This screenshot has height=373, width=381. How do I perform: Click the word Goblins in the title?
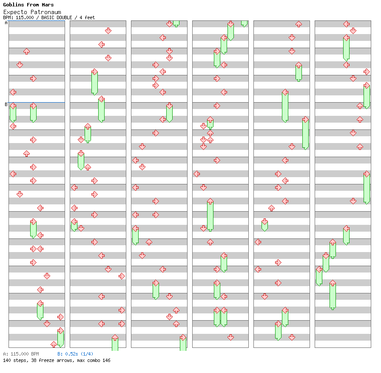point(13,5)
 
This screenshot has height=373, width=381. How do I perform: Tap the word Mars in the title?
point(48,5)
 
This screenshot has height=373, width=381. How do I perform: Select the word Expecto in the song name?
point(15,12)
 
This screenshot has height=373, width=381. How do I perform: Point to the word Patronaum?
point(46,12)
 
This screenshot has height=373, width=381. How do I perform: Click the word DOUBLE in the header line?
point(64,17)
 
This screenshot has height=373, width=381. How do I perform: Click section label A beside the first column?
point(6,23)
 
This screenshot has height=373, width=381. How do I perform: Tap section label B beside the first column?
point(6,105)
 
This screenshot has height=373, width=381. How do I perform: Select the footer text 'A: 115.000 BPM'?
point(21,354)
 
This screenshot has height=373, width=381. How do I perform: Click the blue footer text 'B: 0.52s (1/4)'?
point(75,354)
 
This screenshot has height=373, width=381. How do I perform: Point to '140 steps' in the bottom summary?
point(14,360)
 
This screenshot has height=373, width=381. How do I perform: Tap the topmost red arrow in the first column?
point(26,52)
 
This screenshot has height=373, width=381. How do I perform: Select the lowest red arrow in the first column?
point(54,344)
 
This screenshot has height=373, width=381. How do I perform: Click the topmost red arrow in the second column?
point(108,31)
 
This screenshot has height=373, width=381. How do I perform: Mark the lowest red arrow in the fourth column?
point(230,337)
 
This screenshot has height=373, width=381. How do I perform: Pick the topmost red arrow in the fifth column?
point(299,24)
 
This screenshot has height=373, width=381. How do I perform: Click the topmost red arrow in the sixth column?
point(346,24)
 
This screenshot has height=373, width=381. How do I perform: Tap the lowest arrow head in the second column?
point(115,338)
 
